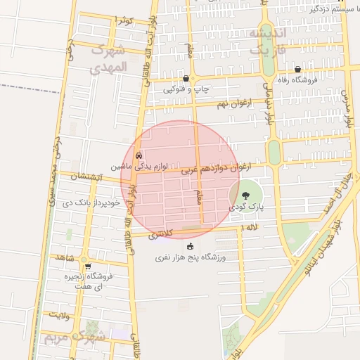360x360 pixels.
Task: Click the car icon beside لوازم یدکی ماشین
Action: (139, 155)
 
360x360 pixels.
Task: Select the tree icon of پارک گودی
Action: (245, 196)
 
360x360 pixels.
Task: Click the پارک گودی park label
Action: (245, 208)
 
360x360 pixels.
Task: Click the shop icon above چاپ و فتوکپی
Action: (186, 79)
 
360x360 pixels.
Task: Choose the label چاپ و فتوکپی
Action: (186, 90)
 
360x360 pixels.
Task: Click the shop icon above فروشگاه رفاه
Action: (298, 69)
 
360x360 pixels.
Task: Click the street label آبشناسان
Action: (87, 177)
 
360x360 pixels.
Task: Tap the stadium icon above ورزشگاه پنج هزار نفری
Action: (189, 246)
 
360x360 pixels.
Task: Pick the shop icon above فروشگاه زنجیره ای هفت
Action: (87, 266)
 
